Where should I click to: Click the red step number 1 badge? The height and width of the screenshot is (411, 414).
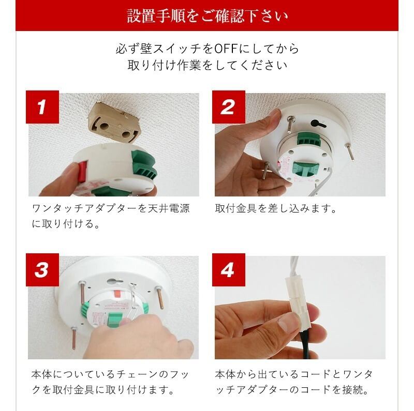coord(42,107)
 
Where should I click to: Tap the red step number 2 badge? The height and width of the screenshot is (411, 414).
coord(229,107)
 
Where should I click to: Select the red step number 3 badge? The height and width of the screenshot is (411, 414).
coord(42,270)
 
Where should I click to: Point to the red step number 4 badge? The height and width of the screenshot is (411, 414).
coord(229,270)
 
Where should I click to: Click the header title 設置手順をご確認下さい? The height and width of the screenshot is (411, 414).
coord(208,16)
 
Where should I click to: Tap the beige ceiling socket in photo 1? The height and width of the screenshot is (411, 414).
coord(113,124)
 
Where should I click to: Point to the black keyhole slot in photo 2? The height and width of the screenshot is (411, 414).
coord(318,123)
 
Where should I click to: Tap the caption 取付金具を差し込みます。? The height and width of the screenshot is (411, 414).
coord(276,209)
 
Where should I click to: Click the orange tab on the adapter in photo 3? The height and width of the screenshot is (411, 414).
coord(118,293)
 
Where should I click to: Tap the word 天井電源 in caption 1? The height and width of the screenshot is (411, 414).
coord(169,209)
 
